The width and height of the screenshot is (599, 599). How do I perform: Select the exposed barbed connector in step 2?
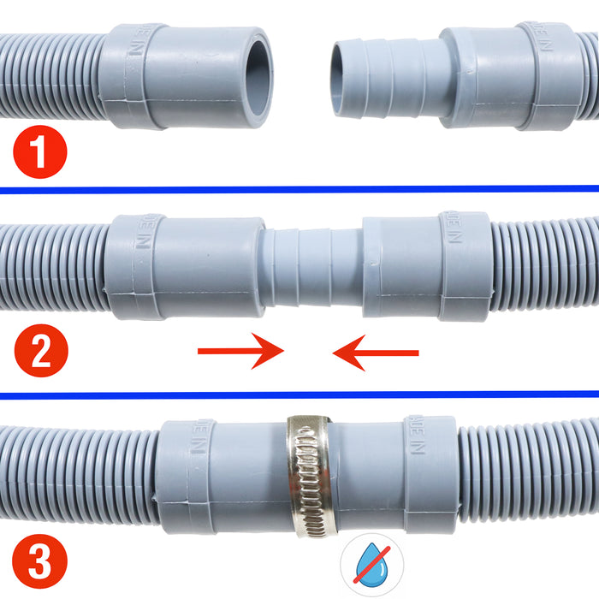click(312, 265)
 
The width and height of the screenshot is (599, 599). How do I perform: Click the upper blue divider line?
click(299, 189)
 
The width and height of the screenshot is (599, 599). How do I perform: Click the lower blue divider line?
click(299, 395)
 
